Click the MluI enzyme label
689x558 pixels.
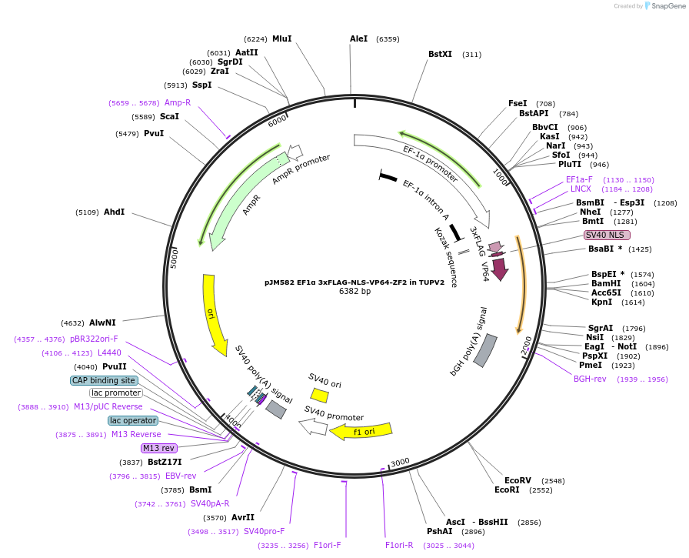[x=281, y=38]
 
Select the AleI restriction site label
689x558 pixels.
[x=358, y=38]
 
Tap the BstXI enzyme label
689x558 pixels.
[x=440, y=54]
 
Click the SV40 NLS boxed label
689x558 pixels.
[x=607, y=235]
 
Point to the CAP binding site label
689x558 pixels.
[x=103, y=380]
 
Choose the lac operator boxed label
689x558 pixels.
[x=132, y=420]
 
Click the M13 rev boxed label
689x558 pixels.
[x=158, y=448]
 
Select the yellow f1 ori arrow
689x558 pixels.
[x=361, y=431]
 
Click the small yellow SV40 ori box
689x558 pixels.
[x=320, y=395]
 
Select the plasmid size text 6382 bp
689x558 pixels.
[x=354, y=291]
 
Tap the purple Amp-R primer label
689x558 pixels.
[x=177, y=102]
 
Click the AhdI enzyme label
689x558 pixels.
[x=114, y=212]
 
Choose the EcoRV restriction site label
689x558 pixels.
[x=518, y=480]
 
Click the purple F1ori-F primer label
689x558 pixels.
[x=327, y=545]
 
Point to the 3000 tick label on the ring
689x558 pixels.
[x=400, y=463]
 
